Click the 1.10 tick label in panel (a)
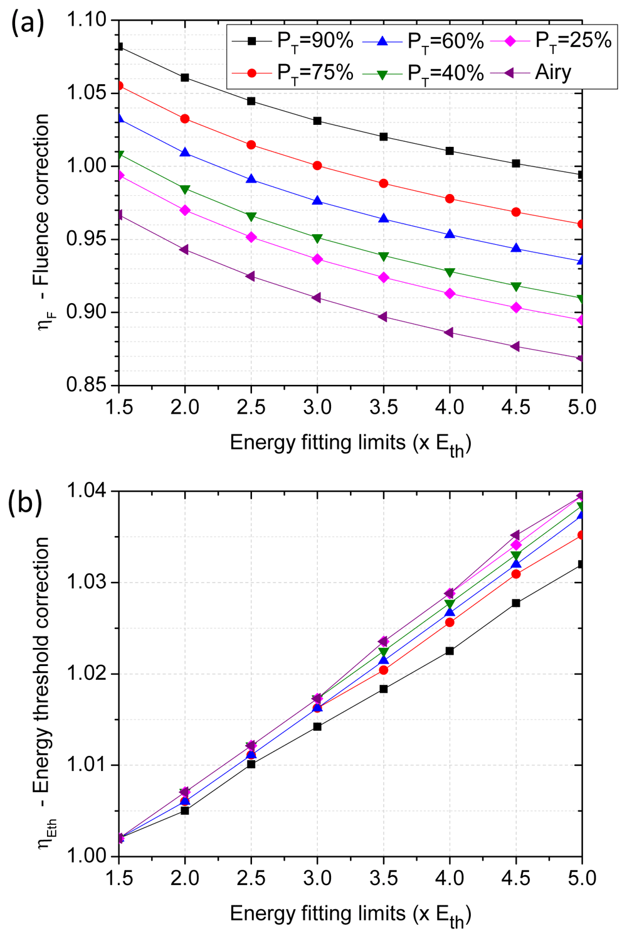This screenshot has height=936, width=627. [87, 20]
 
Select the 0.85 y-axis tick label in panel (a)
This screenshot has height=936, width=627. [87, 385]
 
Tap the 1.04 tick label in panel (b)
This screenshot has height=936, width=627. [87, 491]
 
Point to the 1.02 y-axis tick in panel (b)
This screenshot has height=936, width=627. [87, 674]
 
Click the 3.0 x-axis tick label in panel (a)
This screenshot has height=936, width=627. [317, 407]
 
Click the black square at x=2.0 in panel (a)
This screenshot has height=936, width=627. [185, 78]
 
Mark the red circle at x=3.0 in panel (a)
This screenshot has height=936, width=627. [317, 166]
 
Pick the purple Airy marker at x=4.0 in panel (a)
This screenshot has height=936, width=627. [449, 333]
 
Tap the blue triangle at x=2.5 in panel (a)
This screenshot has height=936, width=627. [251, 179]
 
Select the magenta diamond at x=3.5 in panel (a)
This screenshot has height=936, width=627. [384, 277]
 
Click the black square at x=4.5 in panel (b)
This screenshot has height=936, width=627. [516, 603]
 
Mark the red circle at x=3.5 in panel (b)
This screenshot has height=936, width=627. [384, 670]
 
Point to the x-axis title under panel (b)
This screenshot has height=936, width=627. [350, 915]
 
